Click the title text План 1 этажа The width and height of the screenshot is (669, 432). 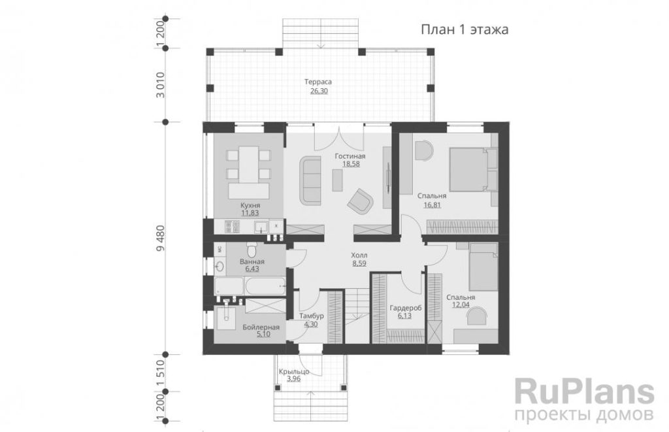pyautogui.click(x=465, y=30)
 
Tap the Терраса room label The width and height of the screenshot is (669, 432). pyautogui.click(x=318, y=82)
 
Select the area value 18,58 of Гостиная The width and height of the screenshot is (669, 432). pyautogui.click(x=351, y=163)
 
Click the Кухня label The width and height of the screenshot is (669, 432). pyautogui.click(x=250, y=205)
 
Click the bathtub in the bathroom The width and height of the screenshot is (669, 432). pyautogui.click(x=250, y=285)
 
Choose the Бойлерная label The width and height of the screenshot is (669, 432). pyautogui.click(x=261, y=327)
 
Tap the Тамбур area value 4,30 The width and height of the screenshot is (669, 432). pyautogui.click(x=310, y=324)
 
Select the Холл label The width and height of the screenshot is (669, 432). pyautogui.click(x=359, y=256)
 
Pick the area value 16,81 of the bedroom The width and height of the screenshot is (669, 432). pyautogui.click(x=432, y=205)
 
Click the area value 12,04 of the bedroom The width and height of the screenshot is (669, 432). pyautogui.click(x=461, y=305)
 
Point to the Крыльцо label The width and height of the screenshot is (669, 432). pyautogui.click(x=294, y=372)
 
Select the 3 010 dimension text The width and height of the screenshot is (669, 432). pyautogui.click(x=161, y=85)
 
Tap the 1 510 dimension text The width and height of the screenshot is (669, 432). pyautogui.click(x=161, y=373)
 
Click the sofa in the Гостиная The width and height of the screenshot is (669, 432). pyautogui.click(x=310, y=180)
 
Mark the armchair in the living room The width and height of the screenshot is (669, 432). pyautogui.click(x=361, y=200)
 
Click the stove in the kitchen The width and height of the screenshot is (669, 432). pyautogui.click(x=232, y=227)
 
